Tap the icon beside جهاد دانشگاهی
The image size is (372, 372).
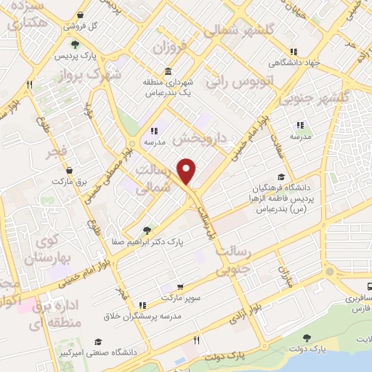click(x=294, y=52)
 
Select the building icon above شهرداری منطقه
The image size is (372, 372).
click(x=169, y=71)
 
